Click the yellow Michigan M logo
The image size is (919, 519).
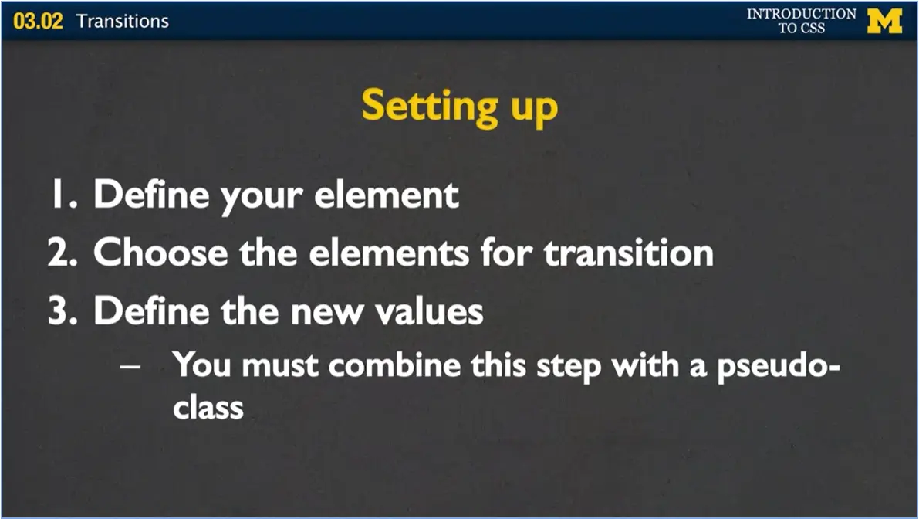(884, 21)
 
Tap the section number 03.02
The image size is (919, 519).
(38, 21)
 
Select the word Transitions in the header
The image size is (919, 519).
(123, 21)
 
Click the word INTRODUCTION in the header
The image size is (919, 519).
(801, 13)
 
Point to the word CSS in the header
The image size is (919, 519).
(813, 28)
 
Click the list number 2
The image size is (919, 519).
(63, 253)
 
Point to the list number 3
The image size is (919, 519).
(63, 310)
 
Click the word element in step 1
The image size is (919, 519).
(387, 194)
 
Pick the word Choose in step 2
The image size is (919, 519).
(160, 253)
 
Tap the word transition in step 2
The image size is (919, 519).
(628, 253)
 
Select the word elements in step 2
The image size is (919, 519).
(389, 253)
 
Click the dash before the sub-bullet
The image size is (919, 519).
(130, 367)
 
